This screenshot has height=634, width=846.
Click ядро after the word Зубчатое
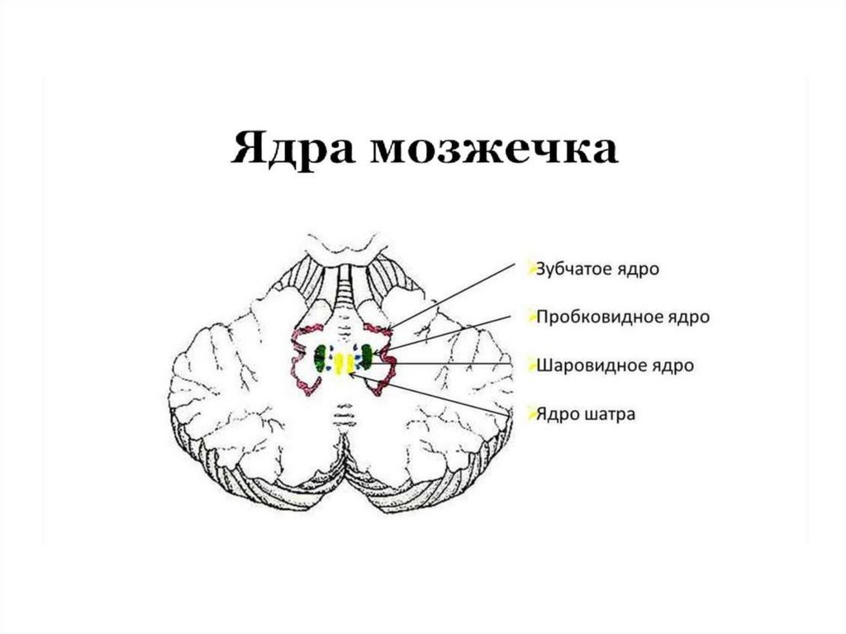(x=637, y=269)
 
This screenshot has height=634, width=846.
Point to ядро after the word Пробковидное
(x=687, y=317)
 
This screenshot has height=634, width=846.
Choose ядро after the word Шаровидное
(x=670, y=365)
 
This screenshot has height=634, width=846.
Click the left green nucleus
(x=320, y=359)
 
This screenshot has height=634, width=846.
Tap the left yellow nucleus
(x=338, y=362)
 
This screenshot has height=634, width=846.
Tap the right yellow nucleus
(x=350, y=362)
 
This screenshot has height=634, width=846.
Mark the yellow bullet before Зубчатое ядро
(x=530, y=268)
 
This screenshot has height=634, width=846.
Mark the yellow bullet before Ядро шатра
(x=530, y=412)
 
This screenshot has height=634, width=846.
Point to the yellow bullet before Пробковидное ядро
(x=530, y=315)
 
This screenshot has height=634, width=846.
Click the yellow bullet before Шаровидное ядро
(x=530, y=363)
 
